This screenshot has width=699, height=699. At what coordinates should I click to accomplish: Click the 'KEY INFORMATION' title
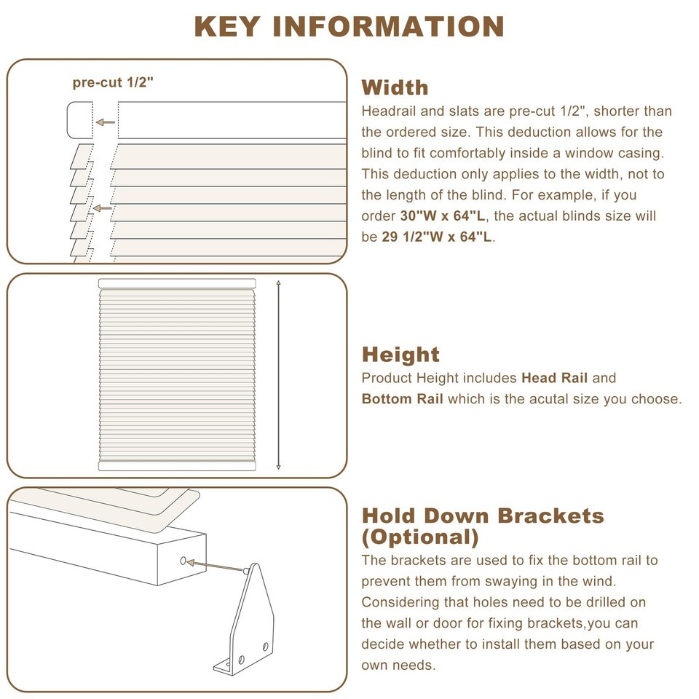[349, 26]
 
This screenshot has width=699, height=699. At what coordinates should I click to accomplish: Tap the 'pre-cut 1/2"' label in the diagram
[113, 82]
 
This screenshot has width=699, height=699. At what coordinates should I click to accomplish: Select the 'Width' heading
[395, 87]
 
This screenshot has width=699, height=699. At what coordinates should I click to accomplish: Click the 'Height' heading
[400, 355]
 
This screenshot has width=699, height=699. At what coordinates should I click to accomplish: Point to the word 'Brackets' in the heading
[550, 516]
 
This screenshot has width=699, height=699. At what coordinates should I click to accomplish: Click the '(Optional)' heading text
[420, 537]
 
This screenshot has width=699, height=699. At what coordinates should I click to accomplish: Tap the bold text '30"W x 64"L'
[443, 216]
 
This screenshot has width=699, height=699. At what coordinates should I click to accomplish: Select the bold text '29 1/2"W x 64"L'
[437, 237]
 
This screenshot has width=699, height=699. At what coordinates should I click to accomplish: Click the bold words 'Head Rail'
[555, 378]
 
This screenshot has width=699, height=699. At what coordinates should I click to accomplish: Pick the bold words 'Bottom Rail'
[402, 399]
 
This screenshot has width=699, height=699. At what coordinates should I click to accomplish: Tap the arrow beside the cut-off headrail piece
[106, 122]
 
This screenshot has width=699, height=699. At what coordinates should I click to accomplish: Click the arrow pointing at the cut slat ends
[103, 208]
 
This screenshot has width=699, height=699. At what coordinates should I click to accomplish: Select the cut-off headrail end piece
[80, 120]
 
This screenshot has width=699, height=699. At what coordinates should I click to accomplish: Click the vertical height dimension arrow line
[279, 375]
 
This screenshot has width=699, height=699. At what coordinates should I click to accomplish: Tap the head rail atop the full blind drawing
[177, 283]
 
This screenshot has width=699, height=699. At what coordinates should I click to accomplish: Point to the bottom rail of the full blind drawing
[177, 466]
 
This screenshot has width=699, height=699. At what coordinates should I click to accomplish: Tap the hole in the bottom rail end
[183, 561]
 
